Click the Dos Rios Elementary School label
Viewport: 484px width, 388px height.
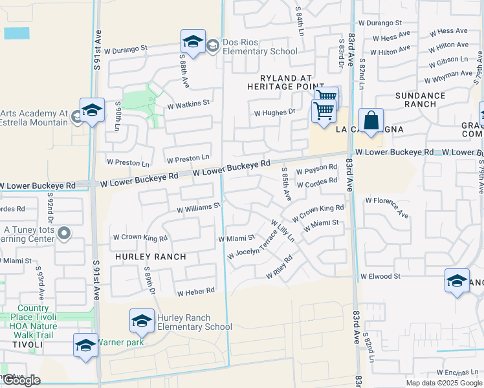[x=260, y=47]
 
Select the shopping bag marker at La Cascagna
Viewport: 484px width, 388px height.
[x=371, y=121]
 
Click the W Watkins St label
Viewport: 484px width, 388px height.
[x=188, y=103]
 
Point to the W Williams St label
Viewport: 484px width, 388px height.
[x=199, y=209]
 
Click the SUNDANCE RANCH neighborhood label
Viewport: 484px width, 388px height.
[x=421, y=100]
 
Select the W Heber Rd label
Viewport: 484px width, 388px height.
[x=195, y=292]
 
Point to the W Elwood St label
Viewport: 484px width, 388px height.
[x=380, y=276]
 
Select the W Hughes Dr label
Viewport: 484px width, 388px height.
[x=274, y=112]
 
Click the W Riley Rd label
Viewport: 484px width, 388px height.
[x=280, y=268]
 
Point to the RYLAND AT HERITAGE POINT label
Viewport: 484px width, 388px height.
[x=285, y=82]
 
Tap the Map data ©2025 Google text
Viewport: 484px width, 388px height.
[x=444, y=383]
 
